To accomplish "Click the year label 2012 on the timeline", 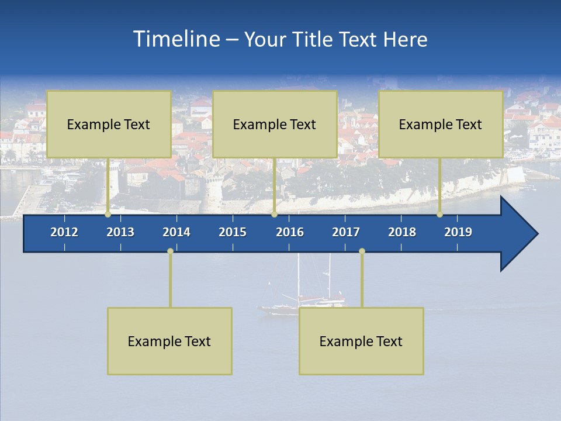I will pos(64,232).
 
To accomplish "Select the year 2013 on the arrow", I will pos(120,232).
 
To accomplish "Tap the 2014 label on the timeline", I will pos(176,232).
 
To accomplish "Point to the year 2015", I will pos(233,232).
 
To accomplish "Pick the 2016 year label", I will pos(290,232).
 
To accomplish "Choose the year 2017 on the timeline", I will pos(346,232).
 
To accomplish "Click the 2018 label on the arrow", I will pos(402,232).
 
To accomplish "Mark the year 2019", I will pos(458,232).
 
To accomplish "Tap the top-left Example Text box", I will pos(109,124).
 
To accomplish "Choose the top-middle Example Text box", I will pos(275,124).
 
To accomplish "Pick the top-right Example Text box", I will pos(441,124).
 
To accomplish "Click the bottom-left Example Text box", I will pos(169,341).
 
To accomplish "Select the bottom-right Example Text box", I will pos(361,341).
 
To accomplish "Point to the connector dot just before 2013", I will pos(108,215).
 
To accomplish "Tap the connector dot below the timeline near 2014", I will pos(170,251).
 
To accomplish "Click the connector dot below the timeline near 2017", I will pos(362,251).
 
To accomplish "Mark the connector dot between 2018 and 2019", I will pos(439,215).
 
